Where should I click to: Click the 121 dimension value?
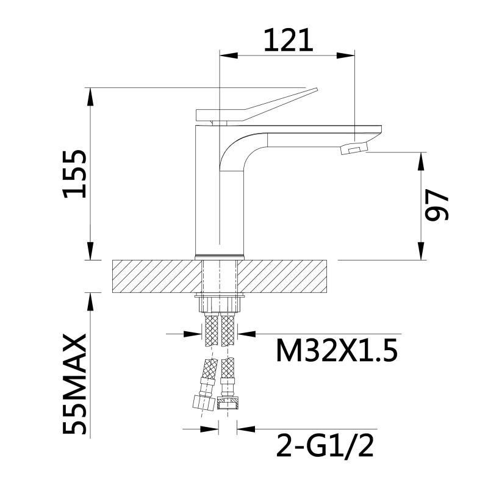click(x=287, y=40)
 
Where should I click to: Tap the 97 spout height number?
click(x=437, y=205)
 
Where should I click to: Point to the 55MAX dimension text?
click(x=76, y=384)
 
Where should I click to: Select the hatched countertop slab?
click(x=152, y=276)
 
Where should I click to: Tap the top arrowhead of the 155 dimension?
click(x=90, y=95)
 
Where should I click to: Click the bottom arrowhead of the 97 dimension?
click(x=420, y=252)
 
